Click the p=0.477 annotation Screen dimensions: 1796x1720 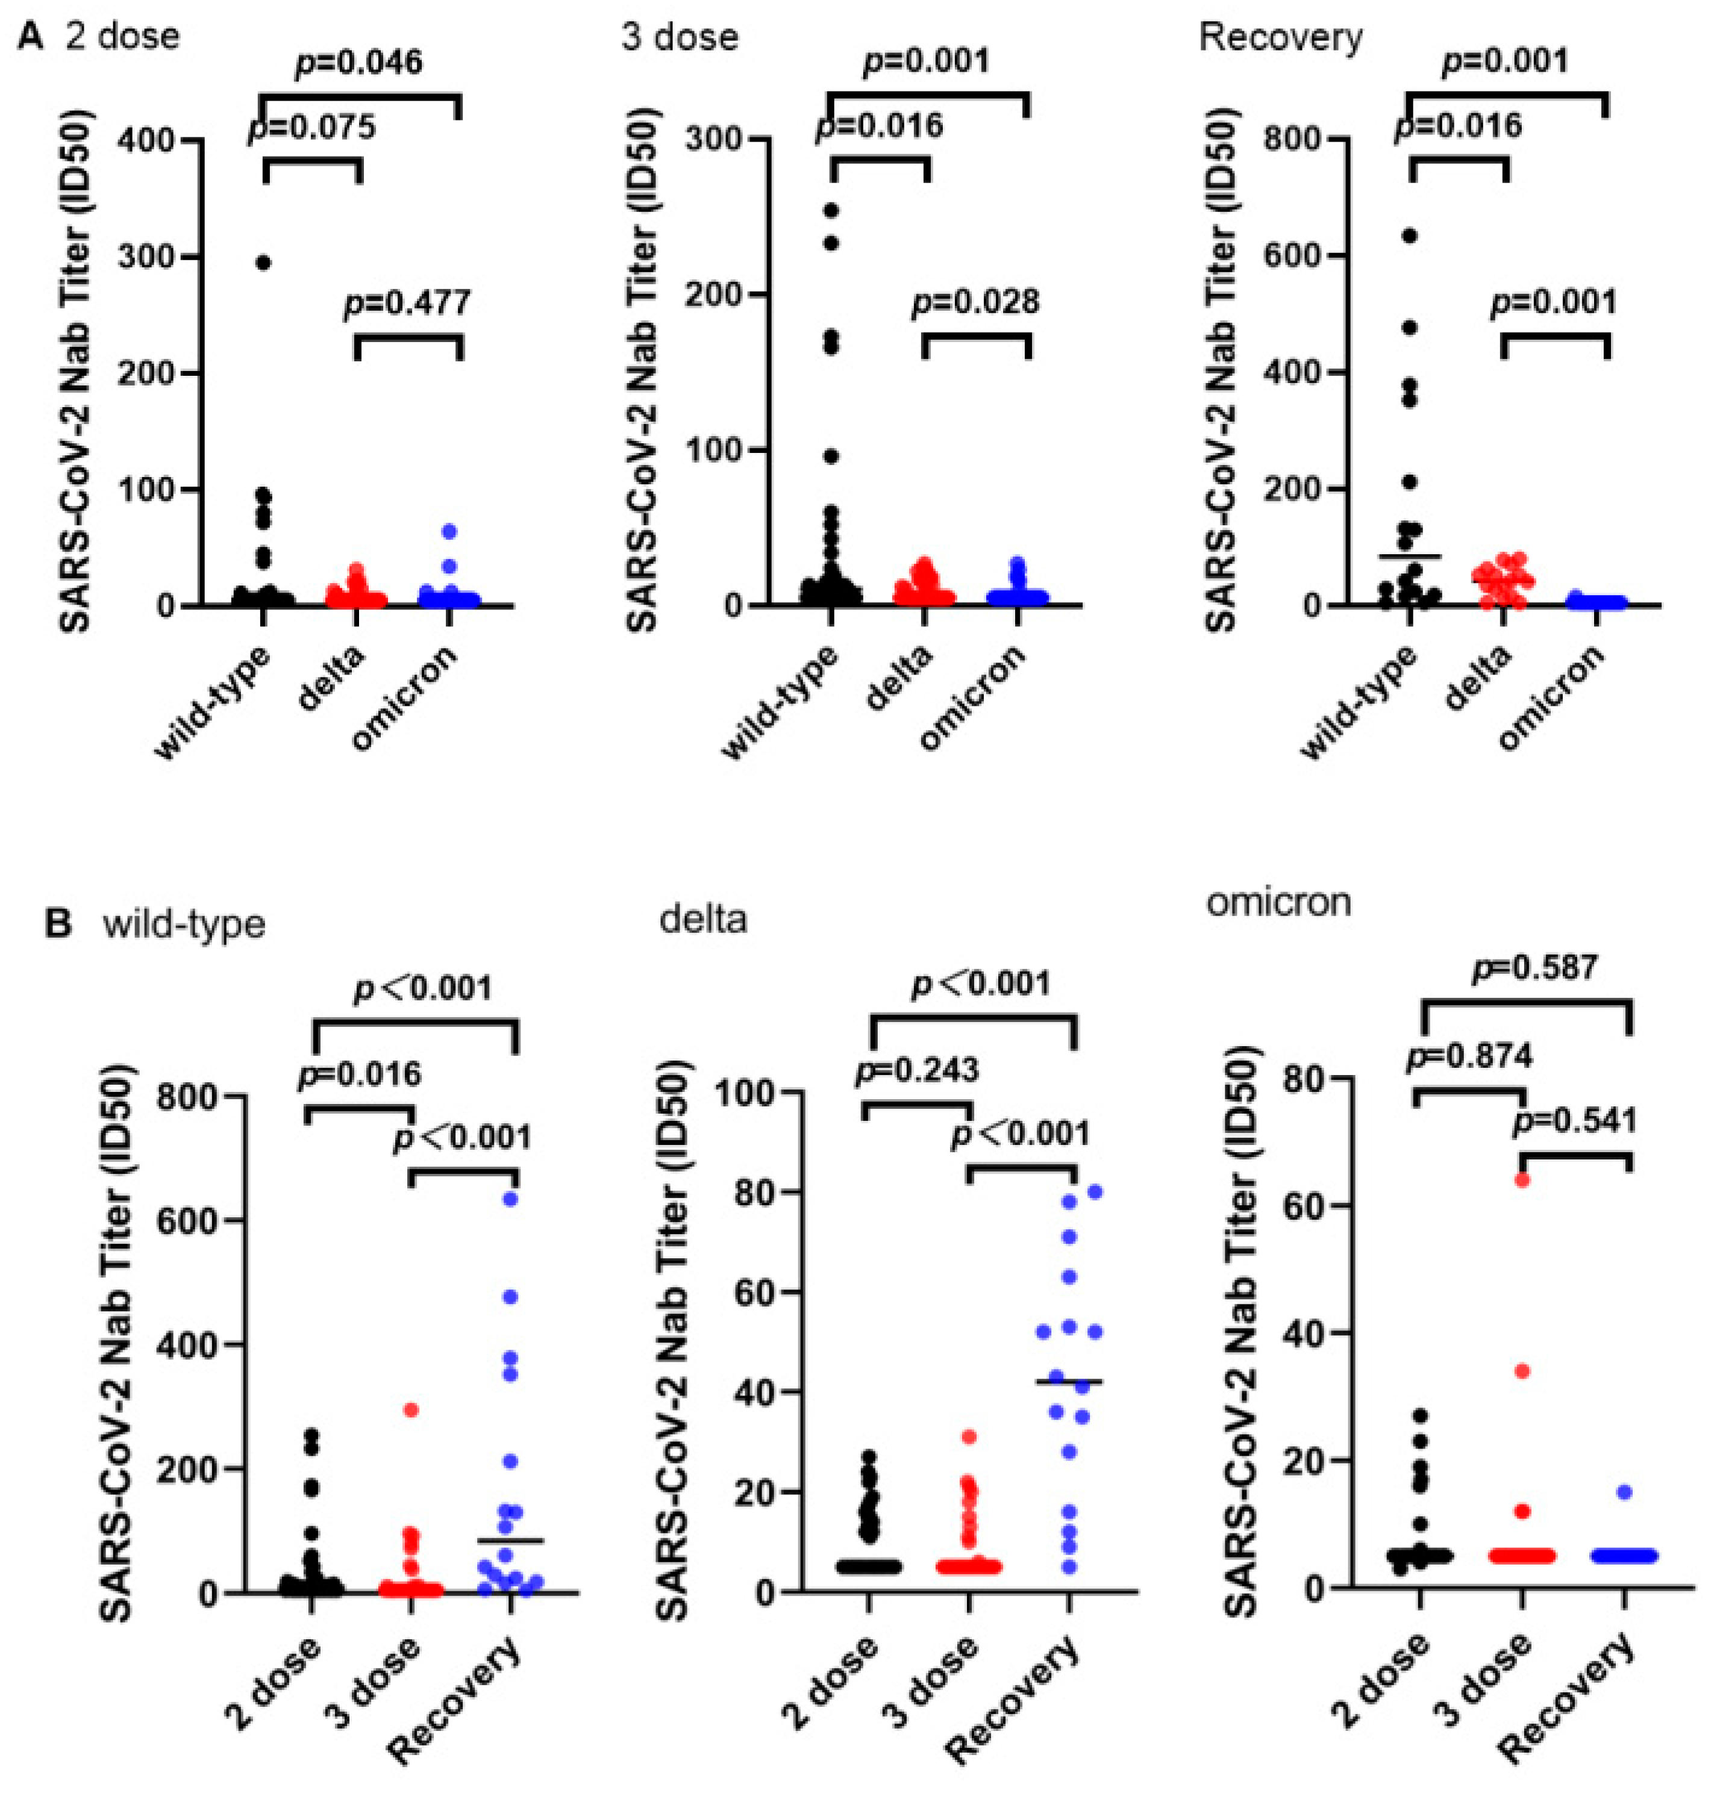[408, 302]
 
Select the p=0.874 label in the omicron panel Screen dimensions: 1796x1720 [1469, 1056]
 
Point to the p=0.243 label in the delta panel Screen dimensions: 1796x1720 [918, 1070]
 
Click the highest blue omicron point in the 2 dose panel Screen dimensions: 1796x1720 [449, 531]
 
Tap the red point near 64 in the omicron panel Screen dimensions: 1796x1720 [1522, 1179]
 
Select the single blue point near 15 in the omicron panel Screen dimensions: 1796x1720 [1624, 1492]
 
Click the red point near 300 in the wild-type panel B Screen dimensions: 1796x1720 [410, 1409]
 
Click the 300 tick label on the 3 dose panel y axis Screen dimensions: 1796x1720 [718, 139]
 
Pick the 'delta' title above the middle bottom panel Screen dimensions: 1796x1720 [703, 918]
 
